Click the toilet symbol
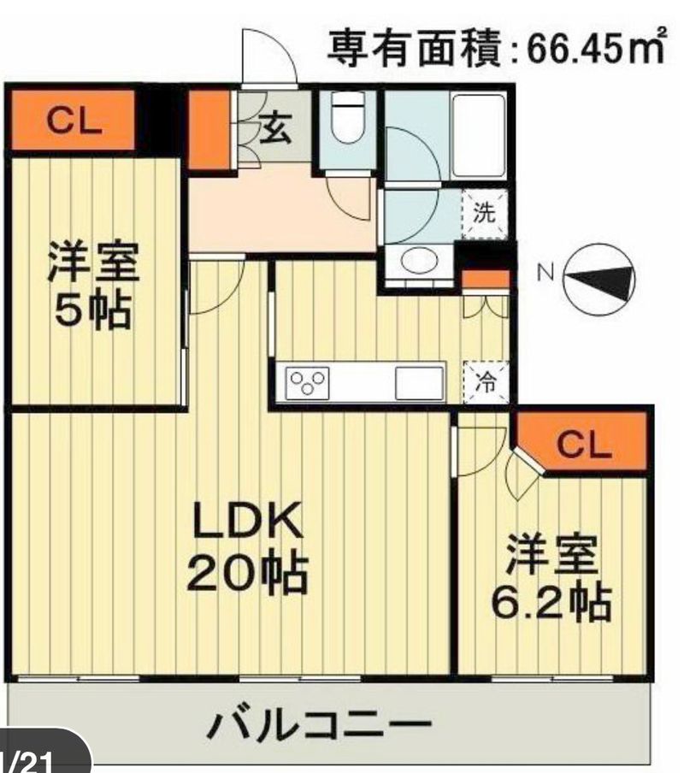point(348,117)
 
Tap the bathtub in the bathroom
point(479,136)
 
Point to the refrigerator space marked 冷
point(486,382)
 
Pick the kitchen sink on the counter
point(419,383)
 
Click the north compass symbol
point(598,280)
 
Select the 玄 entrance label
point(276,127)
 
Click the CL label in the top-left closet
point(74,121)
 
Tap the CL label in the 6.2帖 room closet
point(584,445)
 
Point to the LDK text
point(247,519)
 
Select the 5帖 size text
point(93,310)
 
